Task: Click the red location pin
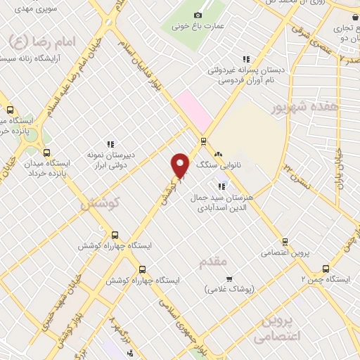click(181, 166)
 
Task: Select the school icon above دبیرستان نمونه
click(110, 144)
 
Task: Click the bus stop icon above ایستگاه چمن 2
click(326, 268)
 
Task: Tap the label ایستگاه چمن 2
click(325, 279)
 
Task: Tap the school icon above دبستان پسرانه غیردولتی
click(245, 60)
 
